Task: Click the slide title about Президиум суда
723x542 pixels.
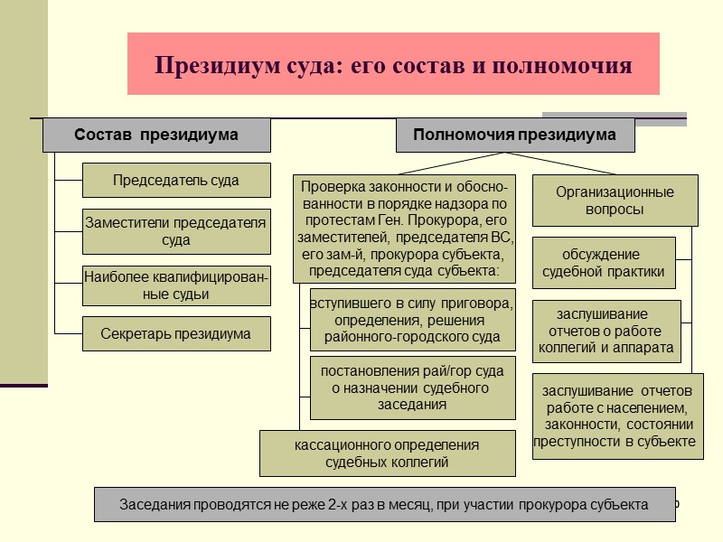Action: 393,65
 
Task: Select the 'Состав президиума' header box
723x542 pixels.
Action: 156,135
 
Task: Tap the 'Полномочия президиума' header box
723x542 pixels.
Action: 514,135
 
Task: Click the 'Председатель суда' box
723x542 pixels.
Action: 176,180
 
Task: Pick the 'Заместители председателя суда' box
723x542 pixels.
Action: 176,231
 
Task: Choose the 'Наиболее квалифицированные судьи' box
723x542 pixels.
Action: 176,285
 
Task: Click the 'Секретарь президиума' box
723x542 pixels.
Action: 176,334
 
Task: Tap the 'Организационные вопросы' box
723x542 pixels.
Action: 615,201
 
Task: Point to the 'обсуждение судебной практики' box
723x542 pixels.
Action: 603,262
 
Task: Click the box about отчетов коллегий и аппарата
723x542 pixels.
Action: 606,331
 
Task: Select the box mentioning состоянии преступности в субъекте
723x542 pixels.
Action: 616,416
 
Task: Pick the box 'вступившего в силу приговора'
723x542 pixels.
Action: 412,319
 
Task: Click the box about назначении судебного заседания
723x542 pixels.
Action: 412,388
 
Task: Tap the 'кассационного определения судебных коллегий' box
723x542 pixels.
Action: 387,453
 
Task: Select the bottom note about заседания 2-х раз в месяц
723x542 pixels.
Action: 384,505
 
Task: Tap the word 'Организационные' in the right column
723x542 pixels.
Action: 615,192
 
